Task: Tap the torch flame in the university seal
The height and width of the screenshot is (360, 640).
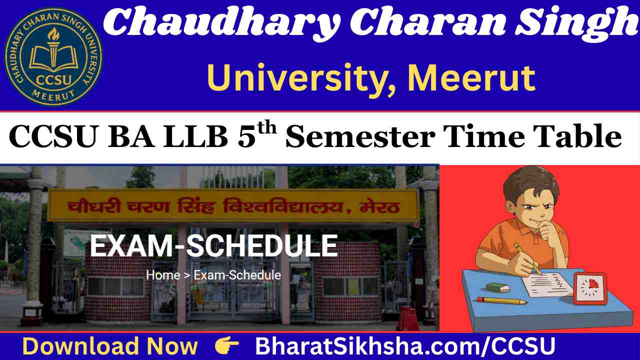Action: coord(53,35)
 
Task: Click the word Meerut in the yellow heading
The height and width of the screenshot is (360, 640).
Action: coord(471,77)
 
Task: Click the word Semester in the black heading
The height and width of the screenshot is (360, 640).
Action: coord(360,136)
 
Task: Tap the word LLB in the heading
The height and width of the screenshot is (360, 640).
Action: coord(195,136)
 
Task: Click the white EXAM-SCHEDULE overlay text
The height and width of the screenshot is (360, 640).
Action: coord(213,245)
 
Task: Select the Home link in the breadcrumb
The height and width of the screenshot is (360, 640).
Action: coord(163,275)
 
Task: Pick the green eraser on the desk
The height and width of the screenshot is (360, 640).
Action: coord(497,287)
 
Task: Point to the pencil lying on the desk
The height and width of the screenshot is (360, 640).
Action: coord(501,300)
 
